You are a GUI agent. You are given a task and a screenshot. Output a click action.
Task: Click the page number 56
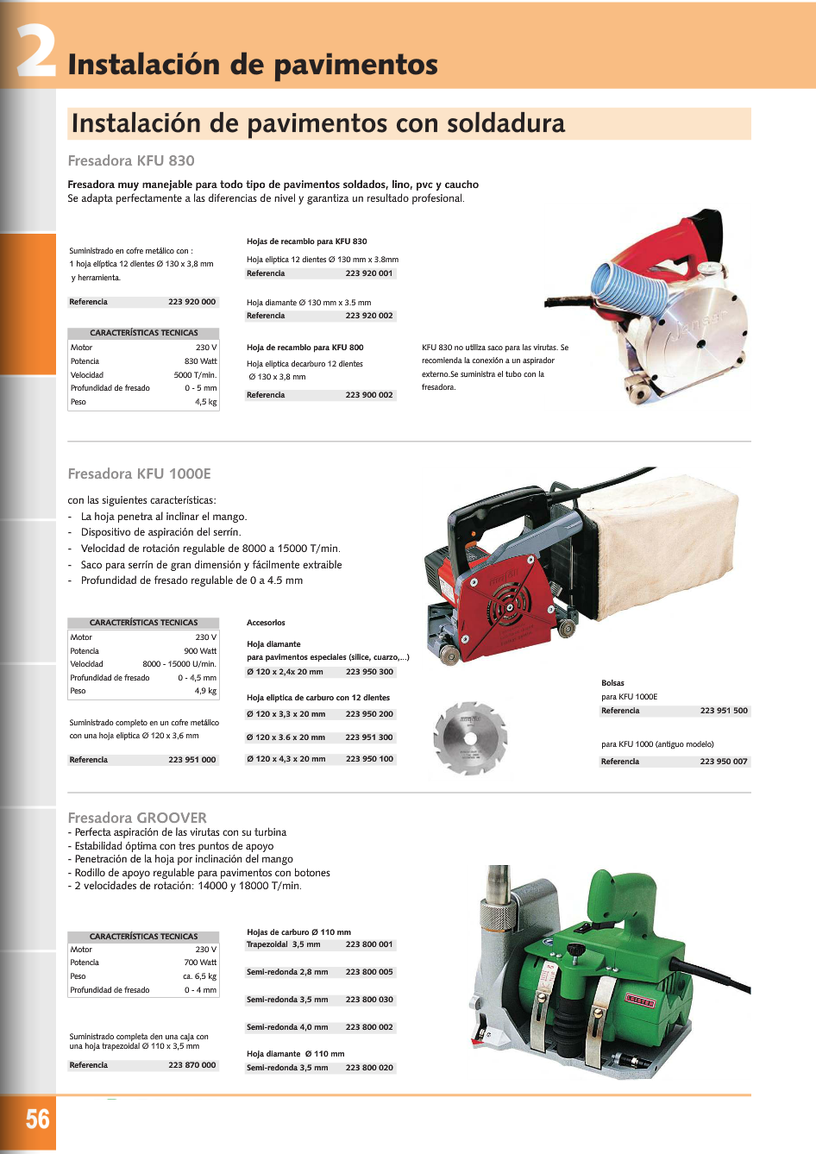[x=37, y=1120]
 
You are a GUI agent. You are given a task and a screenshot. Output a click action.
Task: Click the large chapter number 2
[x=36, y=52]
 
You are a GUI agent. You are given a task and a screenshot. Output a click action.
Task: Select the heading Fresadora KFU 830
[x=131, y=160]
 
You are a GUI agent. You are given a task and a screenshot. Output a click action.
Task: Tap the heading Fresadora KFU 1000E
[x=139, y=474]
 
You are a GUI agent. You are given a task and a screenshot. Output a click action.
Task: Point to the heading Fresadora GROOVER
[x=137, y=818]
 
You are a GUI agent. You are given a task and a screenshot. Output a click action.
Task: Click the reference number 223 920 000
[x=191, y=302]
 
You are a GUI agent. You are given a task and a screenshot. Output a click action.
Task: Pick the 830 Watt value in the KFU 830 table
[x=200, y=361]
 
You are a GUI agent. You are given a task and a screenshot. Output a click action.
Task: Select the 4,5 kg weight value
[x=205, y=402]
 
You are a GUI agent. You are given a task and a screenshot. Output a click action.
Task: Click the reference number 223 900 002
[x=369, y=395]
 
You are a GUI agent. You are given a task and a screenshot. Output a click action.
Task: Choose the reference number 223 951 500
[x=724, y=711]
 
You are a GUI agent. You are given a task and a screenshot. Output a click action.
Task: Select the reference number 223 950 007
[x=724, y=762]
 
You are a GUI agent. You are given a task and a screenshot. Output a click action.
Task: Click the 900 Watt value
[x=200, y=651]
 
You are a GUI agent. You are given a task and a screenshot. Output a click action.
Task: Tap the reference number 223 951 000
[x=191, y=760]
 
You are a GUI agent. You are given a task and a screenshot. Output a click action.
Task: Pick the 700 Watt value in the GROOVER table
[x=200, y=963]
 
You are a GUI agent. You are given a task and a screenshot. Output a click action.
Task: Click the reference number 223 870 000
[x=191, y=1065]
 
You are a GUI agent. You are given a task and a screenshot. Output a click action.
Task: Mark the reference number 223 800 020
[x=369, y=1068]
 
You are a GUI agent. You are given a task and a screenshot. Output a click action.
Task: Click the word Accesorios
[x=266, y=623]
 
